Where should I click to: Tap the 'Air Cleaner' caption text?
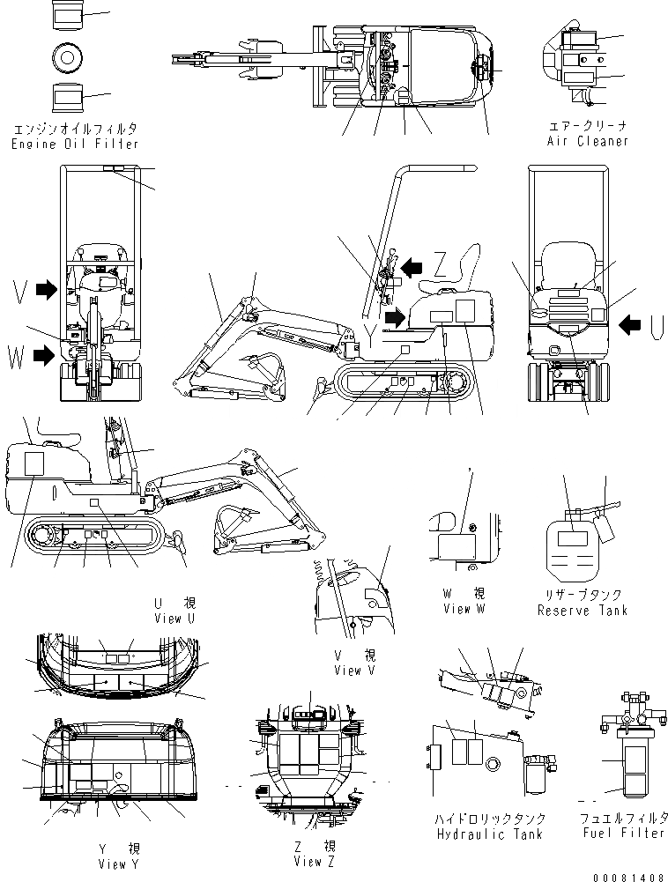click(588, 141)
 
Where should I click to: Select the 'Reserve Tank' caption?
click(583, 610)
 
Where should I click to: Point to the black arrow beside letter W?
click(42, 355)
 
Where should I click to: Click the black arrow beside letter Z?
click(412, 263)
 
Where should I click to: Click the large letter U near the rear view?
click(657, 326)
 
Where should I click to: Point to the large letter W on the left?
click(16, 356)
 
